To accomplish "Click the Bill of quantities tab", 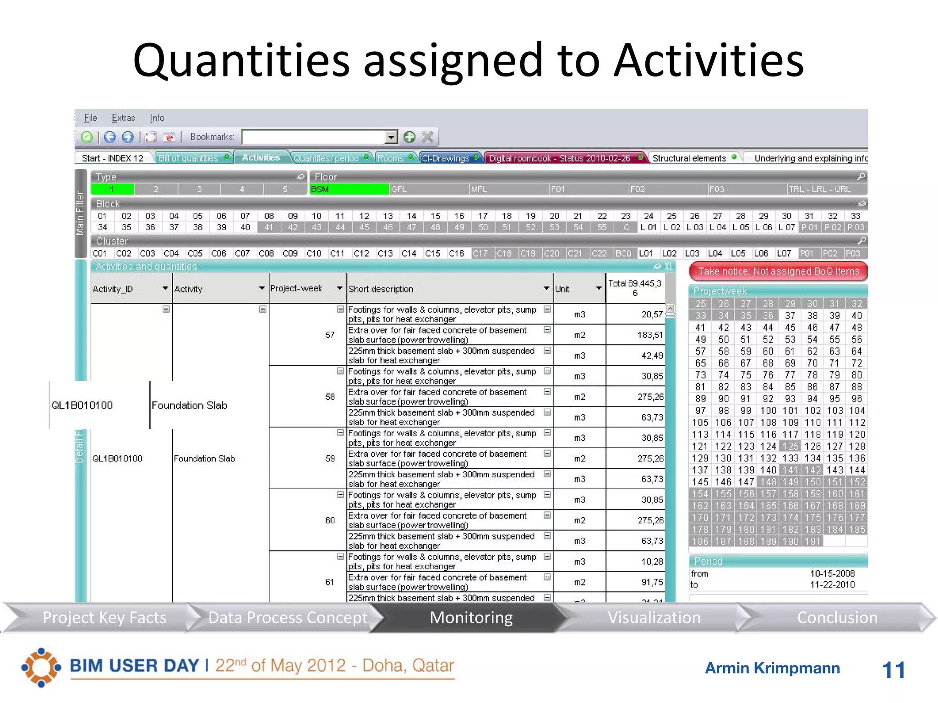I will [188, 158].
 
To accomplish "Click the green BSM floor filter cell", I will [349, 189].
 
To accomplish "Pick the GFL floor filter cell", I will [429, 189].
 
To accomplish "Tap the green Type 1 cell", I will [112, 189].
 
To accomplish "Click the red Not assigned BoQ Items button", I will [778, 271].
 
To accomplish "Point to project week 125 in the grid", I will [790, 446].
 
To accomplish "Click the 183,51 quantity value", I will [649, 335].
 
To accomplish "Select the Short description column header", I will [381, 289].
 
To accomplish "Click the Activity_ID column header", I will [113, 289].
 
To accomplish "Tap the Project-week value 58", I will [330, 397].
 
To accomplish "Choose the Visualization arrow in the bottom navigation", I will [654, 617].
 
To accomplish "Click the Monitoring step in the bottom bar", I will [471, 617].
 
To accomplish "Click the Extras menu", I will [123, 118].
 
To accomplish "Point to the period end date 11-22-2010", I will [832, 584].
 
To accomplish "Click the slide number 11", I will [893, 670].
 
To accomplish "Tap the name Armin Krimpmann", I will [772, 668].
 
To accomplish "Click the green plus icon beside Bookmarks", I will [409, 137].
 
